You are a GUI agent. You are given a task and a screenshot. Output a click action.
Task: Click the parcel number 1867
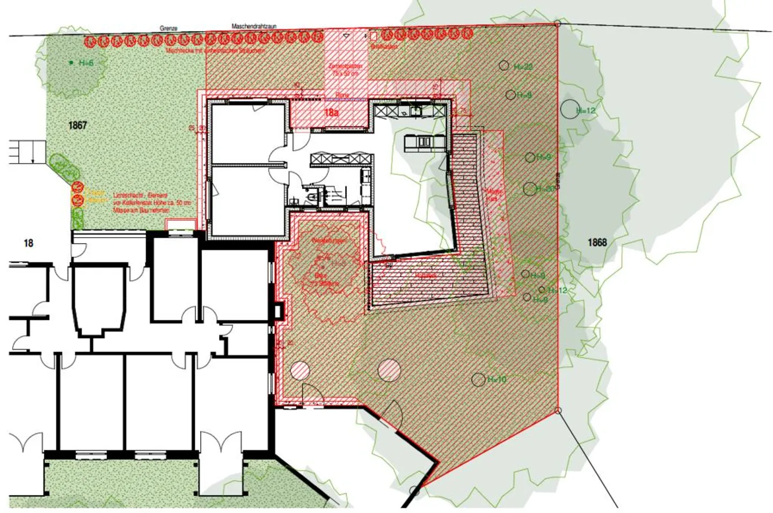77,126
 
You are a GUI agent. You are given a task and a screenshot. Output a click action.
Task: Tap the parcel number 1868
597,243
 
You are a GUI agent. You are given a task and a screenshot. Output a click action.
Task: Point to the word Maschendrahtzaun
254,26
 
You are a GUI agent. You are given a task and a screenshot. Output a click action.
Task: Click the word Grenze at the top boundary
169,28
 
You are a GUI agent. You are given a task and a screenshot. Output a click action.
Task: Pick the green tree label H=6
86,63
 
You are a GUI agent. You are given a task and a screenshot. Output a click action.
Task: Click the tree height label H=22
523,67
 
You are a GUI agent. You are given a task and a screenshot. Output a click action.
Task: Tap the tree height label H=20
545,189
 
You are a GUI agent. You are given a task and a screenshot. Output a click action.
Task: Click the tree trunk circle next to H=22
504,65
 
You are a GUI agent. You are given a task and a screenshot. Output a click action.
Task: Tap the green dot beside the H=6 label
71,63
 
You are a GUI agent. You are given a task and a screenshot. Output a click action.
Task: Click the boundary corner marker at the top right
558,24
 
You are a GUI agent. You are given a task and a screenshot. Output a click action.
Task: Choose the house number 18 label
28,243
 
